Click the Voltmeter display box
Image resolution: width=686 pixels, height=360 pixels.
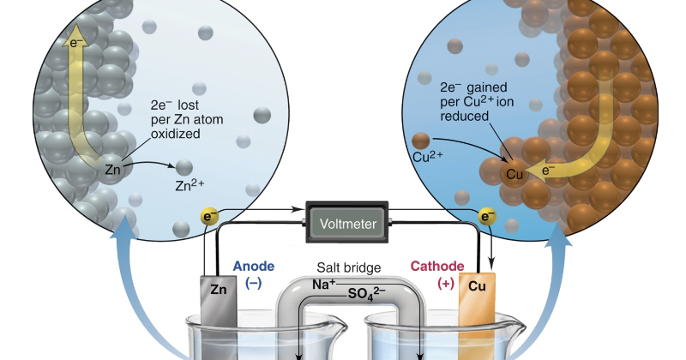pos(348,224)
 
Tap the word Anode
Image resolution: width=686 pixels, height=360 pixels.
pos(253,267)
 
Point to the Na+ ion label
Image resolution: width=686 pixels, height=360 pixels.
pos(324,285)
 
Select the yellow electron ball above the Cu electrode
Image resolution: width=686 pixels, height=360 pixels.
pos(487,218)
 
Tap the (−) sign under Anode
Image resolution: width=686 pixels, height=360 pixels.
pos(253,284)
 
